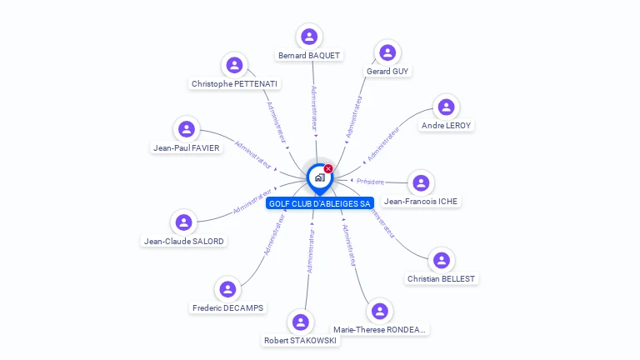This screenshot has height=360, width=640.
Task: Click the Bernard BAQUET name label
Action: (309, 56)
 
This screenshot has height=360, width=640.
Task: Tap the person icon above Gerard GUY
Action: (387, 52)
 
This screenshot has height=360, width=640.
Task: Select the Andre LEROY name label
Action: (446, 126)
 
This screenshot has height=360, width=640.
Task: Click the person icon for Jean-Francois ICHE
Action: (422, 182)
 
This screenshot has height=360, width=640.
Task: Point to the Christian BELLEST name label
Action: (442, 278)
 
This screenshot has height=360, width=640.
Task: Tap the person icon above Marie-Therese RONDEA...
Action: (380, 311)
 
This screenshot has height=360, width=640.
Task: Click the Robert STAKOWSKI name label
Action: (300, 340)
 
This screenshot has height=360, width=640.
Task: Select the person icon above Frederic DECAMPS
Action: (227, 289)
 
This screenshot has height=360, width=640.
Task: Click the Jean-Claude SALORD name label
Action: (183, 242)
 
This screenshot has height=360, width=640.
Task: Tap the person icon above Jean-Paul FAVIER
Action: (187, 129)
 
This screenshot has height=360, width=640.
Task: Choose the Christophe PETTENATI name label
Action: (235, 83)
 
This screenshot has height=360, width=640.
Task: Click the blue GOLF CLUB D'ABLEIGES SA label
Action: (320, 203)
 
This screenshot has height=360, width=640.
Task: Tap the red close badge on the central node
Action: (328, 168)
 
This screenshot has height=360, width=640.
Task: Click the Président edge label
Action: (371, 182)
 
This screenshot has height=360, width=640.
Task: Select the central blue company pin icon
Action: (319, 177)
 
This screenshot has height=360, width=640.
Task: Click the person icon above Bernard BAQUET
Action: (309, 36)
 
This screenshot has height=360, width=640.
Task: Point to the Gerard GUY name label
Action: (387, 72)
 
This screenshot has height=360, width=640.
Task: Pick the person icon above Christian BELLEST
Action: (442, 260)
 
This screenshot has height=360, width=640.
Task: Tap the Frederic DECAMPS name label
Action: (227, 307)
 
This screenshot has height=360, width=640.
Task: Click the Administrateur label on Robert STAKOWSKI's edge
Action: (310, 251)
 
